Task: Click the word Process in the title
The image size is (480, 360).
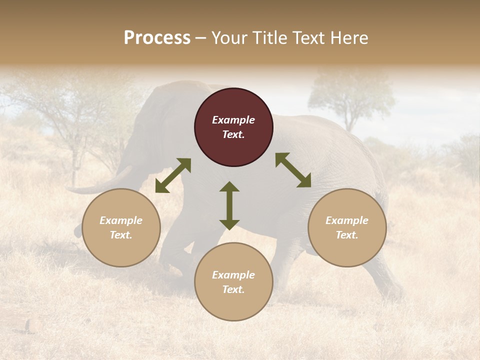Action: [157, 38]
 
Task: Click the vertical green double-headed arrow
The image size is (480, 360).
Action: [229, 205]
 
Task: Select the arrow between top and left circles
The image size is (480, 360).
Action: [173, 175]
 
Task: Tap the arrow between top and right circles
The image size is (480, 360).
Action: [293, 170]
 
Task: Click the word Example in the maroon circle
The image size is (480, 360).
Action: [233, 120]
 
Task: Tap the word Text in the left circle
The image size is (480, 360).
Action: [121, 235]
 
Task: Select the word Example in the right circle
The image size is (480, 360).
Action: [347, 220]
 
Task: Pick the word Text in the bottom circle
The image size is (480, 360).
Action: [233, 289]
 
